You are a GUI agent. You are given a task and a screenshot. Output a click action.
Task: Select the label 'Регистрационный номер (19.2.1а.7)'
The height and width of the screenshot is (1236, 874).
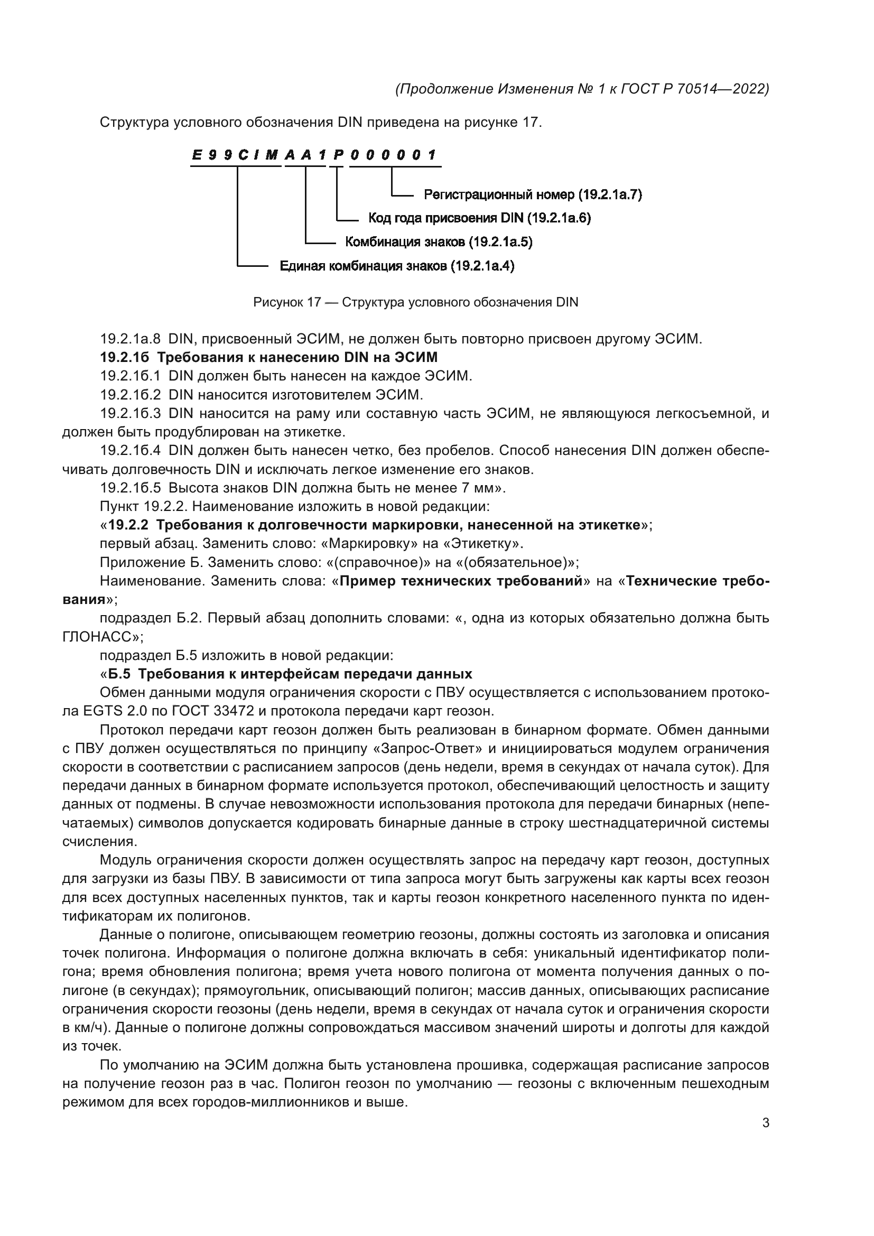pyautogui.click(x=533, y=195)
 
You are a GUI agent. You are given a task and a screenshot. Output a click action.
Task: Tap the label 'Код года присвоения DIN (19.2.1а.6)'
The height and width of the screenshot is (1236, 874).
pyautogui.click(x=479, y=219)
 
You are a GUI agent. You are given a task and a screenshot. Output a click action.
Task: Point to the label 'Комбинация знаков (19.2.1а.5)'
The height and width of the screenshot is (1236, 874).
pyautogui.click(x=439, y=242)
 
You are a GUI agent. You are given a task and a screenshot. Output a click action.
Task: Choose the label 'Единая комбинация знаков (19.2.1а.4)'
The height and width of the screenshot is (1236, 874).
pyautogui.click(x=397, y=266)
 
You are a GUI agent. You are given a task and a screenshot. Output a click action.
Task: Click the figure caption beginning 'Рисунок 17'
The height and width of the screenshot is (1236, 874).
pyautogui.click(x=415, y=303)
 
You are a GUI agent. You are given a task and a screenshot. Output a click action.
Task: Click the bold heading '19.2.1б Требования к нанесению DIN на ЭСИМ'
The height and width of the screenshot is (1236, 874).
pyautogui.click(x=268, y=357)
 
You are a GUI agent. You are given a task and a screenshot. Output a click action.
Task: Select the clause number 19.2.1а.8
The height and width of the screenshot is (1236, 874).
pyautogui.click(x=130, y=339)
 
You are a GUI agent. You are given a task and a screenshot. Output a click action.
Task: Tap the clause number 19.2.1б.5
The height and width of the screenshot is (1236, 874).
pyautogui.click(x=130, y=488)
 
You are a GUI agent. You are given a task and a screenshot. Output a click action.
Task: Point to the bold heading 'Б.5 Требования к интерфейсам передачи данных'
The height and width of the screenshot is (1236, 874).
pyautogui.click(x=290, y=674)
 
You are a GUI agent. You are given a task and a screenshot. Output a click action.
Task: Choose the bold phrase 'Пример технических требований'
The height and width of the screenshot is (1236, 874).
pyautogui.click(x=461, y=581)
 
